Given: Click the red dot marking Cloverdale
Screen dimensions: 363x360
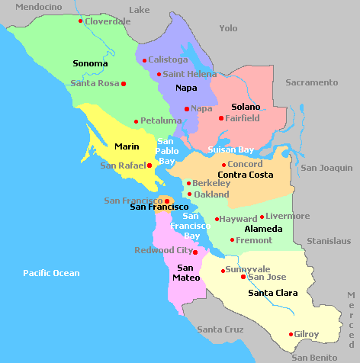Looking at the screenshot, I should point(80,21).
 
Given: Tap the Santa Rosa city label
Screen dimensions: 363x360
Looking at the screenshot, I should point(95,83).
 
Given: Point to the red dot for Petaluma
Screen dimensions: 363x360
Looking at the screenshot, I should point(136,121).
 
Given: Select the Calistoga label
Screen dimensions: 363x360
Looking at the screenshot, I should point(167,59).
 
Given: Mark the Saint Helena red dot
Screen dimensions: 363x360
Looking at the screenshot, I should point(159,75).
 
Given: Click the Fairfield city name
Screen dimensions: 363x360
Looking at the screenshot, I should point(243,118).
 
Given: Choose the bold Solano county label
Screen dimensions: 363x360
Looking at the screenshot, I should point(246,107).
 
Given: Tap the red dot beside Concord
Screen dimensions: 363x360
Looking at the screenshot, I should point(223,165).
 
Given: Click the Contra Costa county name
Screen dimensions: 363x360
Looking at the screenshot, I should point(246,175).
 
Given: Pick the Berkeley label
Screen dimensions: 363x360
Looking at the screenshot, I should point(211,183).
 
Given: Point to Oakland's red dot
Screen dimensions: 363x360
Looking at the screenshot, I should point(189,194).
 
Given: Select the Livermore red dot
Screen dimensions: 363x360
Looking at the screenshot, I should point(262,217).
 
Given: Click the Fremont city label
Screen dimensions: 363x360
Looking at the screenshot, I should point(254,240).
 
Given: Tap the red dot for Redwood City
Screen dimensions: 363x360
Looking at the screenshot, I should point(195,252).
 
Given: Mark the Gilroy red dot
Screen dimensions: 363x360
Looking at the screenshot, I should point(291,334).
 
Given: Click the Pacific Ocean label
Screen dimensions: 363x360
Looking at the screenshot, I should point(51,273).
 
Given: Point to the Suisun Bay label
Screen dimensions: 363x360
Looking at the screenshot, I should point(230,149).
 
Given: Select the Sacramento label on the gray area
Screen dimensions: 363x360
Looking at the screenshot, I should point(311,82).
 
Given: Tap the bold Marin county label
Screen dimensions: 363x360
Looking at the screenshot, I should point(126,146).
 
